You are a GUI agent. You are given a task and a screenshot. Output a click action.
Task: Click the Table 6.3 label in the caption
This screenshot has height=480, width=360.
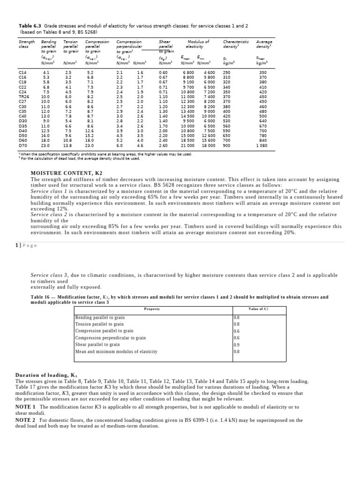(30, 26)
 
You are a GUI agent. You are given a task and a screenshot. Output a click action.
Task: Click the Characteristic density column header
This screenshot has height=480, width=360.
(235, 44)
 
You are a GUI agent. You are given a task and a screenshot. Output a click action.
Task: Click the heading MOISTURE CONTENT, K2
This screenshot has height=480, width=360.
(66, 173)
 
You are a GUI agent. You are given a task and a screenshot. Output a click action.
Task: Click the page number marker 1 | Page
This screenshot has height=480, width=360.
(26, 245)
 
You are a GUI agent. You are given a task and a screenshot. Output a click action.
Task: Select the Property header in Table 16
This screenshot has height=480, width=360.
(152, 309)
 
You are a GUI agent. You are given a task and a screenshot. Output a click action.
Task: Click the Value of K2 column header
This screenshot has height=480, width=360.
(258, 309)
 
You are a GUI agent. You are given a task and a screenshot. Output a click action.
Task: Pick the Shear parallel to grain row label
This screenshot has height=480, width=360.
(97, 344)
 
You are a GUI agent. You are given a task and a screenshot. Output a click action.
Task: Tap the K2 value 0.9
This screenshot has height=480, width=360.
(237, 344)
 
